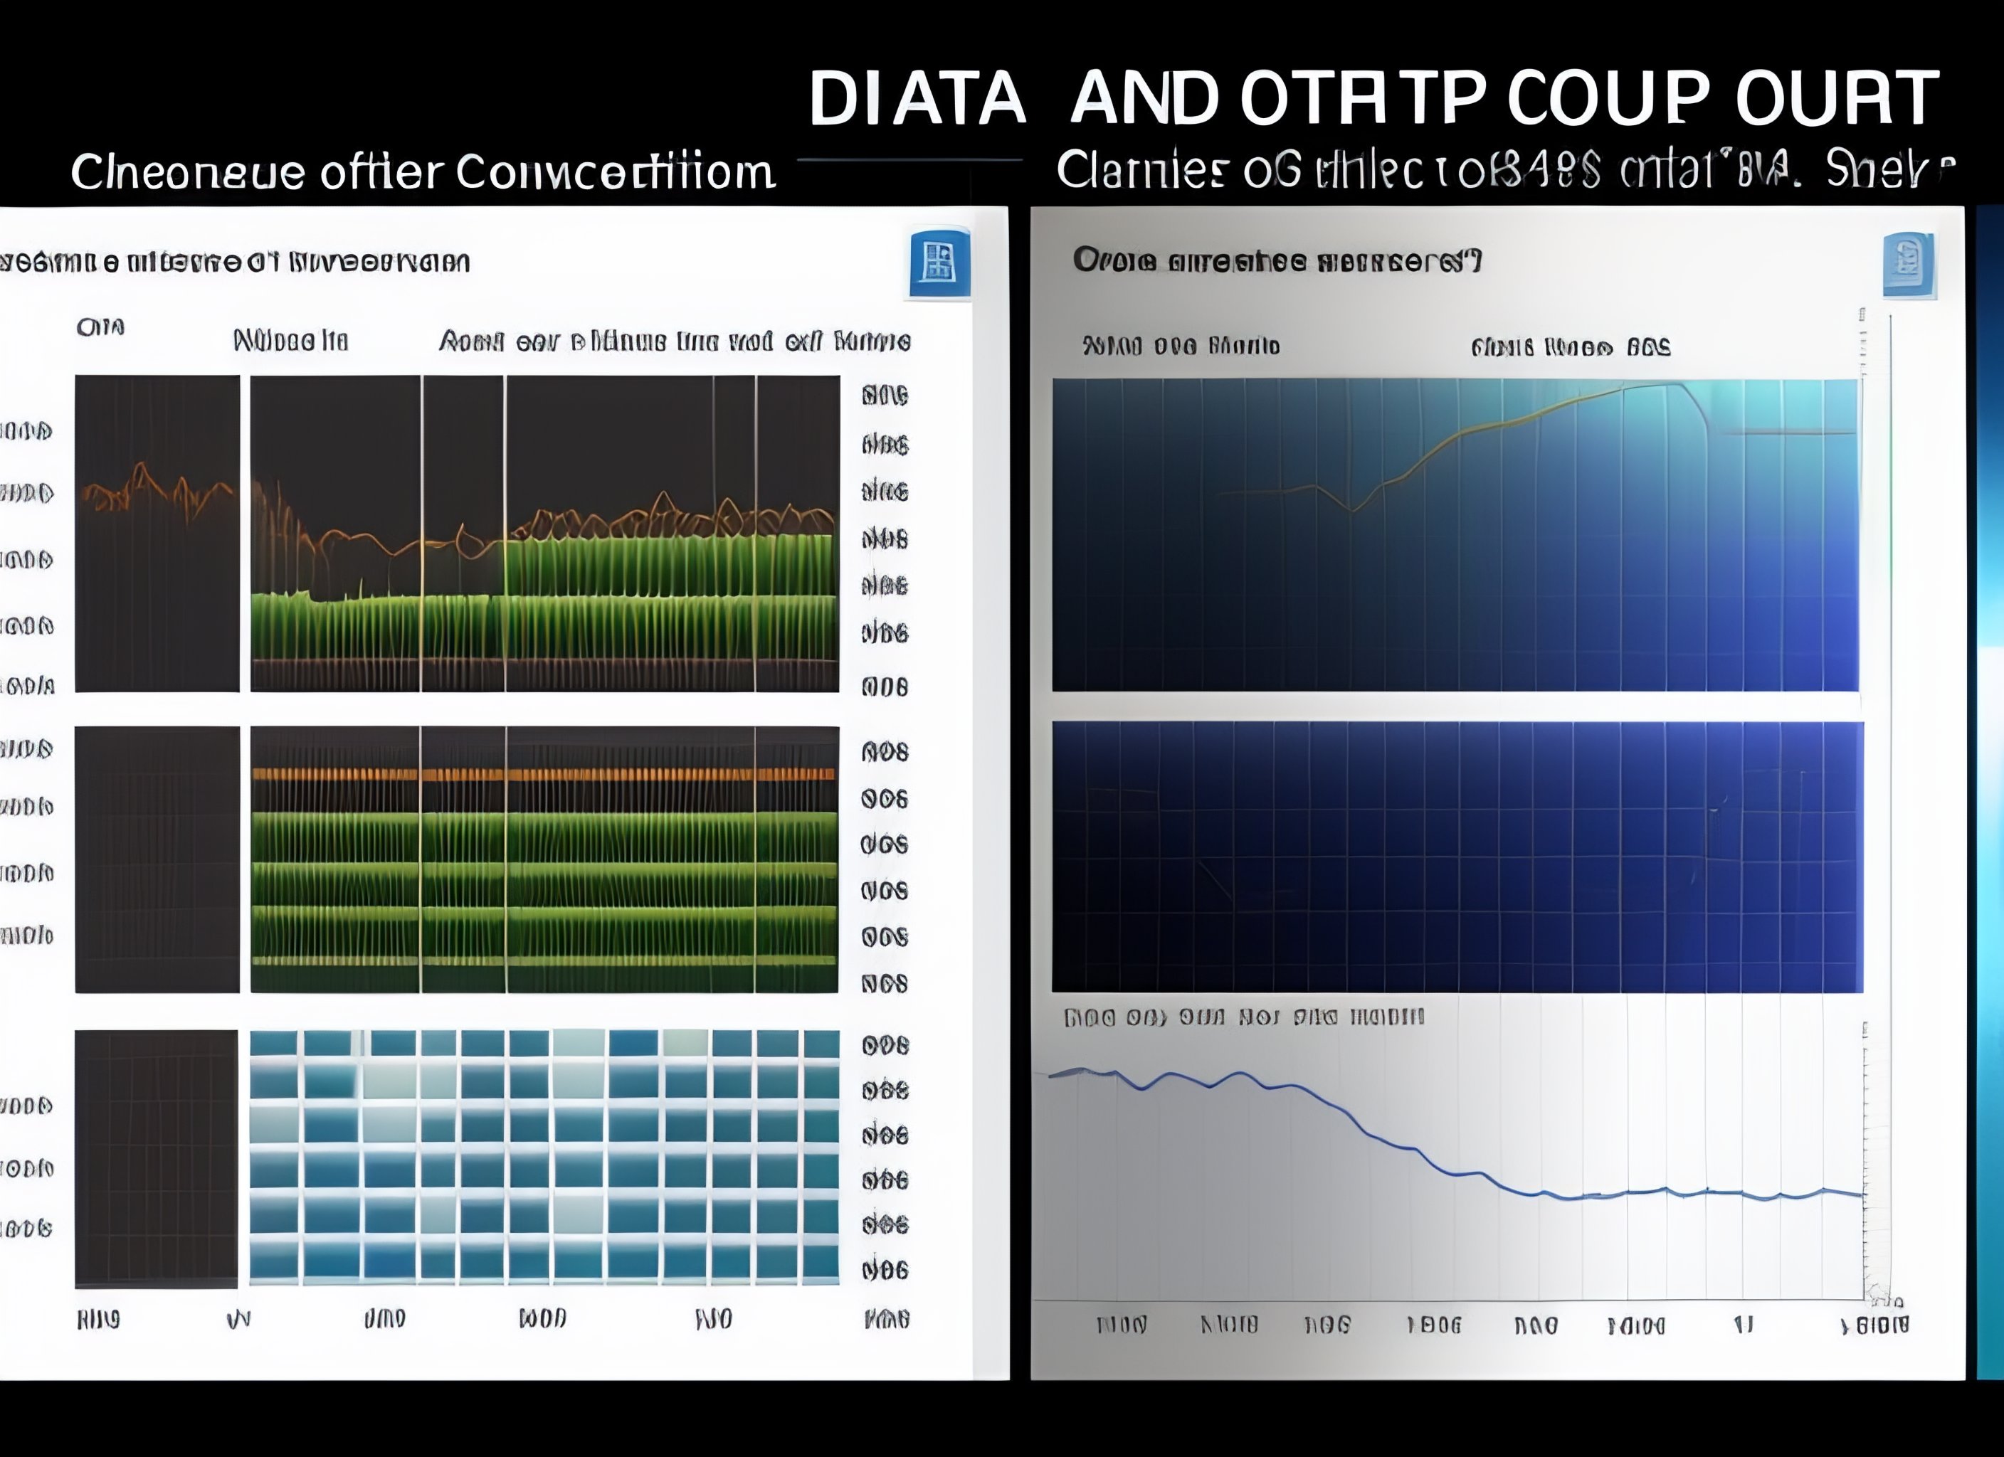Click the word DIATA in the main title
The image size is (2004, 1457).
click(917, 98)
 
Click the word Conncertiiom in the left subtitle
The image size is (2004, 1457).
click(614, 171)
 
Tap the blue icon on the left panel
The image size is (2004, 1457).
click(939, 263)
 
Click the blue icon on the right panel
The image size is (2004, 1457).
click(1909, 264)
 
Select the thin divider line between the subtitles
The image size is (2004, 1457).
click(910, 160)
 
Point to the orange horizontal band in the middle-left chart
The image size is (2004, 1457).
click(544, 774)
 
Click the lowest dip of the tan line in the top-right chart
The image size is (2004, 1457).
click(1352, 510)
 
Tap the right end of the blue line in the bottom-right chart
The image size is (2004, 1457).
click(1861, 1194)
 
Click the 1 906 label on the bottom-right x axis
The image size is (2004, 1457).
click(1433, 1325)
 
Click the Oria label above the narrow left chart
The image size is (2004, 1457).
click(100, 327)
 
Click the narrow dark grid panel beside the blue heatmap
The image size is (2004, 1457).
click(157, 1158)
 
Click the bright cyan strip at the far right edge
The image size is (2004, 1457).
click(1990, 795)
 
